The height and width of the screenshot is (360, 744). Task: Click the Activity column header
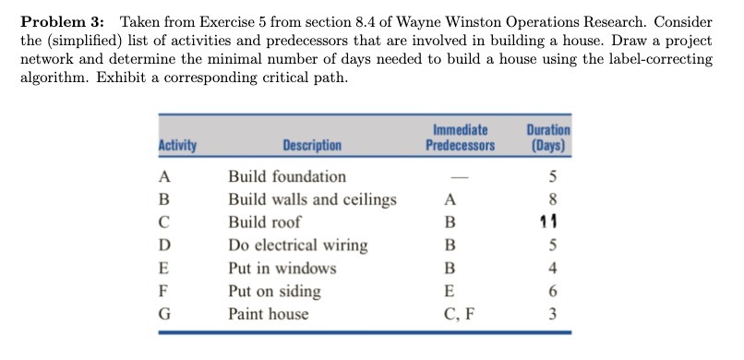coord(176,146)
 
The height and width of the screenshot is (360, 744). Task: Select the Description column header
coord(312,146)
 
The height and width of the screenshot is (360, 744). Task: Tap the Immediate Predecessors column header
coord(460,138)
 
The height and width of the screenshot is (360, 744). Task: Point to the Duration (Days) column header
coord(547,138)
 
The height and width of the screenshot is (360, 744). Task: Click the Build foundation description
coord(287,176)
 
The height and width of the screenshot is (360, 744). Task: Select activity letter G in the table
coord(164,314)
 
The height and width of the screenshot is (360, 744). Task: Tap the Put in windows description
coord(282,269)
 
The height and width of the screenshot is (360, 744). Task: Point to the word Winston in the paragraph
coord(483,21)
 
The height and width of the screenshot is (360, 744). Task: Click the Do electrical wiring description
coord(297,246)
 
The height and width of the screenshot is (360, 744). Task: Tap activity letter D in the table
coord(164,246)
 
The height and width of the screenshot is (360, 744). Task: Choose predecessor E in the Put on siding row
coord(450,291)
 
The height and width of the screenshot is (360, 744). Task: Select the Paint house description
coord(269,314)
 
